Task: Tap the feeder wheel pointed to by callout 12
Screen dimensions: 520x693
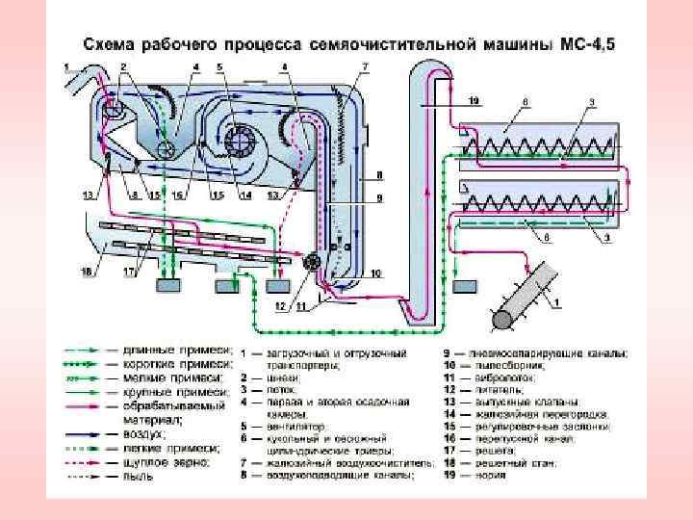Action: point(310,262)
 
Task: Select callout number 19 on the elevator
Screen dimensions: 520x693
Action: point(474,100)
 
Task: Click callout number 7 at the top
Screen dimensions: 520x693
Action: point(365,65)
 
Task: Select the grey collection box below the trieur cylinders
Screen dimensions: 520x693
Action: point(465,287)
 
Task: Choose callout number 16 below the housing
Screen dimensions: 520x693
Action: point(179,195)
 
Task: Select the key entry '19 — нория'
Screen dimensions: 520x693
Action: point(496,475)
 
